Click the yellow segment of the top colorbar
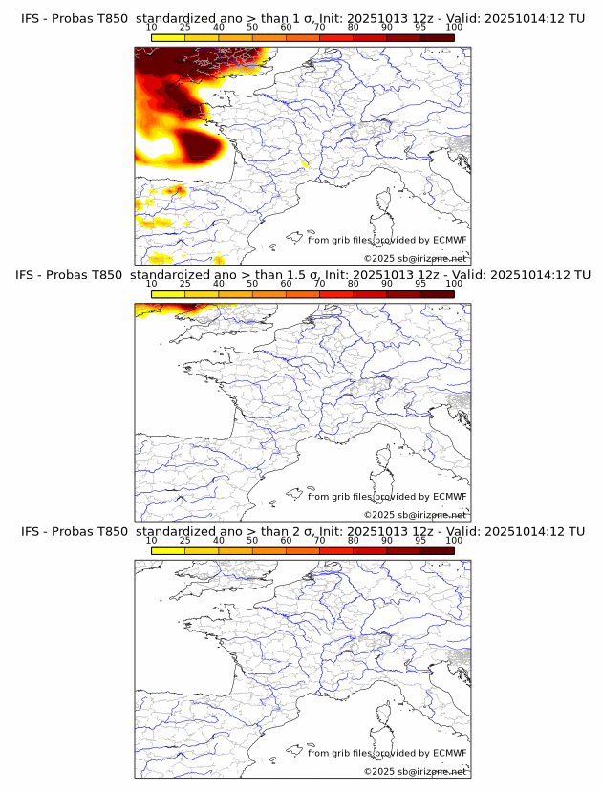(x=168, y=38)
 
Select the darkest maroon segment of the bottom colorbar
(x=437, y=551)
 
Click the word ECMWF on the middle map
(x=450, y=497)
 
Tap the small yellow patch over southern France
(x=307, y=163)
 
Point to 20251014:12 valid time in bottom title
(x=531, y=531)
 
